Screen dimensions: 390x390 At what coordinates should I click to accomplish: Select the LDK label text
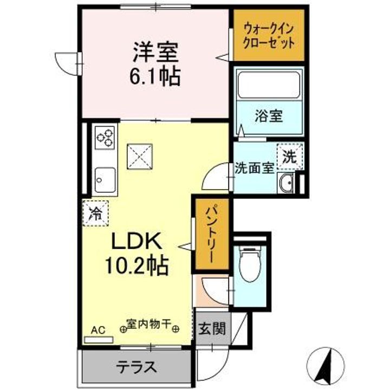136,241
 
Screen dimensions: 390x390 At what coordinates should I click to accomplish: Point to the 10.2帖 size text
137,265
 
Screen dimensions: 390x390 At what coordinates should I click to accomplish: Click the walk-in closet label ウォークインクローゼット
269,35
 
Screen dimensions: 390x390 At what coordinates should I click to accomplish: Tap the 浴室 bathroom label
269,116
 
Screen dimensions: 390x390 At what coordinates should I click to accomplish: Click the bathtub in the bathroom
269,85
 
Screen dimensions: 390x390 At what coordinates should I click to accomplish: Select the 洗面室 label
255,168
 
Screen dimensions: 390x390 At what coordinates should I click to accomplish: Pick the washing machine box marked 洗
290,157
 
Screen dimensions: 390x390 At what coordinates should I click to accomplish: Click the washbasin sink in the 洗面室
286,184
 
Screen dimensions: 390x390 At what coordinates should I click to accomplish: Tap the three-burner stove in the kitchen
105,137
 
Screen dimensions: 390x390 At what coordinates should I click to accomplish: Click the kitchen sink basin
105,180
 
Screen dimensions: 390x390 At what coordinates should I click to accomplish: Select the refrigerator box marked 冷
95,213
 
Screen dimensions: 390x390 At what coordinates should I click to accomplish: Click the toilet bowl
249,264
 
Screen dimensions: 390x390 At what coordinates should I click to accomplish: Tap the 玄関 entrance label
212,329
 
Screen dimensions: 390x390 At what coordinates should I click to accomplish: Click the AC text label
98,330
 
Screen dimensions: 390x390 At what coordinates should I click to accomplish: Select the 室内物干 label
149,323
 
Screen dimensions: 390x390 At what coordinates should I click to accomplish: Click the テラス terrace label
137,367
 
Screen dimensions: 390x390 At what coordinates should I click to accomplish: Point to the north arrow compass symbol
326,365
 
